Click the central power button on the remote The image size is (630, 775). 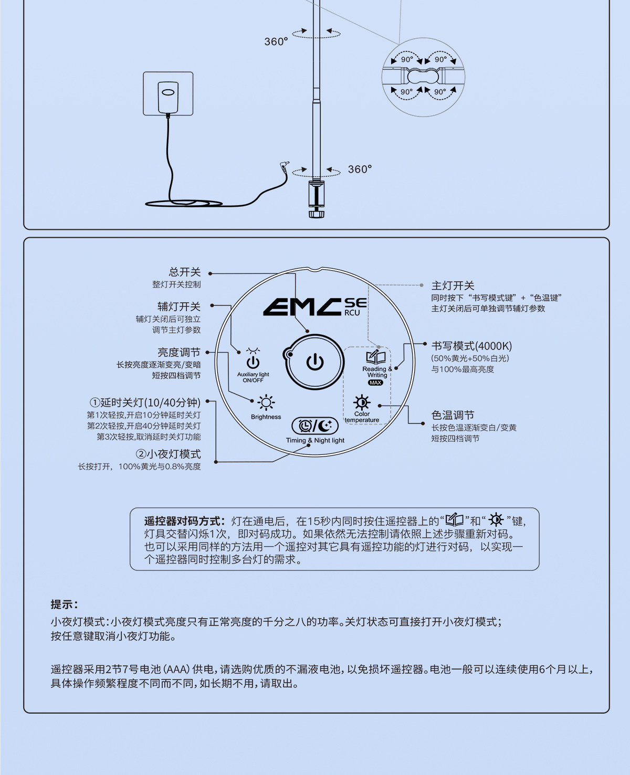[x=315, y=362]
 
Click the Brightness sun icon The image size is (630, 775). [x=266, y=403]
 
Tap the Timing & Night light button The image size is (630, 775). [x=315, y=426]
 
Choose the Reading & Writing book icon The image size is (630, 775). [x=376, y=357]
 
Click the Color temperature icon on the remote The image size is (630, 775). [x=362, y=403]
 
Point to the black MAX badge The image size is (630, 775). [x=376, y=383]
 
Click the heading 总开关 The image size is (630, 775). [x=185, y=272]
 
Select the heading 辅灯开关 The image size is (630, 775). [x=179, y=306]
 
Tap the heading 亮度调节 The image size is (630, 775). [x=179, y=352]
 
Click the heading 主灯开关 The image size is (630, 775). [x=453, y=285]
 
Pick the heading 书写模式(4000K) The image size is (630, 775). [x=471, y=346]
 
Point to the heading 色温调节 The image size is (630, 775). [x=453, y=415]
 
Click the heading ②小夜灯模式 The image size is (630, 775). [x=168, y=454]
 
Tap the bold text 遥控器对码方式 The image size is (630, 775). [x=184, y=521]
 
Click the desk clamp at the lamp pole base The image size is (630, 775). [x=316, y=197]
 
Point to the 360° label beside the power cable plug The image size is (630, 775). [x=360, y=169]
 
